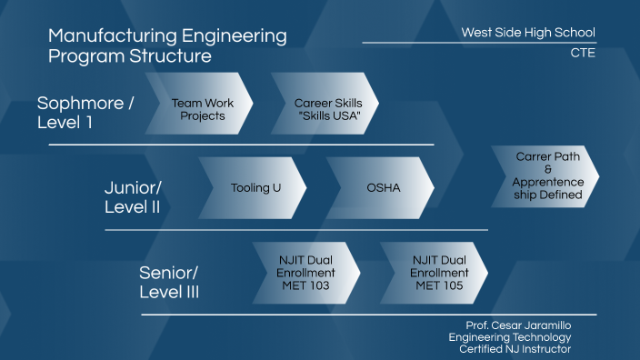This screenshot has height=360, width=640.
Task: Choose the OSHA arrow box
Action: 382,188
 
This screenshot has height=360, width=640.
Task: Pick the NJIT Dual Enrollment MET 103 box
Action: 306,273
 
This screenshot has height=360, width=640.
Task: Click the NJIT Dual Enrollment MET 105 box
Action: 436,273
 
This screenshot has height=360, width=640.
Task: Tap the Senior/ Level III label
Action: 169,282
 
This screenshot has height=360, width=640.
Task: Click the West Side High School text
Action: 528,33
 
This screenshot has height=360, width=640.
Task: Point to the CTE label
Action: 581,53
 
